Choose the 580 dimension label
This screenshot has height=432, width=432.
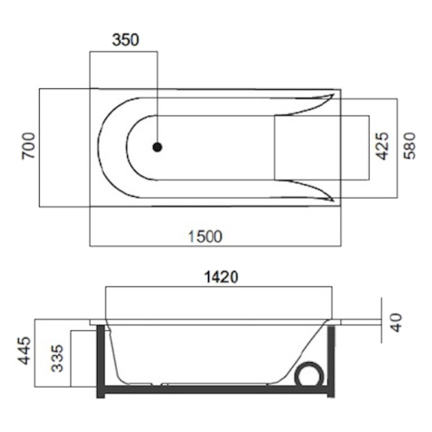412,148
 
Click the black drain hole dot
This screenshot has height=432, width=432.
157,148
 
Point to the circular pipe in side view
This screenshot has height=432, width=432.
308,374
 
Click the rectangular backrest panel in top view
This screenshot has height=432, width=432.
308,148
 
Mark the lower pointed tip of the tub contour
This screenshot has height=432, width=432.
333,200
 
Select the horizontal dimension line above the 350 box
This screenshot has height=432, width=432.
124,52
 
